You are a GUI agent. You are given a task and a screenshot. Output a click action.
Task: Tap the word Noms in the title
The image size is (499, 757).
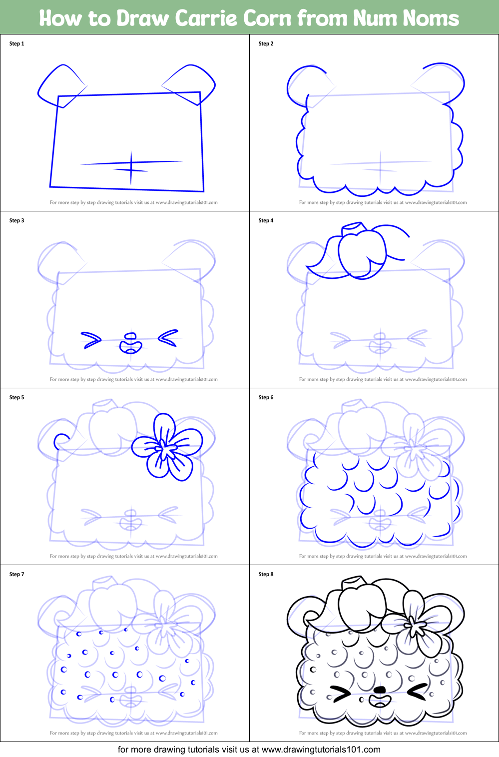(431, 18)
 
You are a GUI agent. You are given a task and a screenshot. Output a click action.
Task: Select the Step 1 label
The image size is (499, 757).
(16, 44)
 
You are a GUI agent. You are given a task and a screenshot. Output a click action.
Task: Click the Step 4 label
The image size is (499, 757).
(266, 221)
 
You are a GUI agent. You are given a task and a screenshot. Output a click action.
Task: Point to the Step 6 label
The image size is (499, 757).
(266, 398)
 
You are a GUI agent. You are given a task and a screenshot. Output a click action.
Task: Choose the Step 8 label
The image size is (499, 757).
(266, 575)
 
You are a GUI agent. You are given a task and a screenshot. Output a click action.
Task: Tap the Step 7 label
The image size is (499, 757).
(16, 575)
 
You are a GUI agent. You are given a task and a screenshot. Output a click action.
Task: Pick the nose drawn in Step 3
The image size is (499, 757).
(131, 343)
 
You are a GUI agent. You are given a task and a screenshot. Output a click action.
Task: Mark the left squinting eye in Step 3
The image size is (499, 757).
(91, 340)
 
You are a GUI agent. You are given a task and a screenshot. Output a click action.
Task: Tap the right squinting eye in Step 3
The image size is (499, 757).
(168, 338)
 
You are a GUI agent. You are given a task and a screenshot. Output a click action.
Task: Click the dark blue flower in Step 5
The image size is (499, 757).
(167, 446)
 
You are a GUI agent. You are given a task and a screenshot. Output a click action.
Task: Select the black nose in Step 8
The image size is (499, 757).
(380, 690)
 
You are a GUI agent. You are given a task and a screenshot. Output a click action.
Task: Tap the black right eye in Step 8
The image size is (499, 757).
(418, 692)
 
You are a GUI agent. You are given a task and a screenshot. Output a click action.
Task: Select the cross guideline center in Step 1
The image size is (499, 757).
(131, 163)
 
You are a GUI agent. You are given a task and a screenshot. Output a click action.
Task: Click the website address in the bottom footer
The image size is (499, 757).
(321, 750)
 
